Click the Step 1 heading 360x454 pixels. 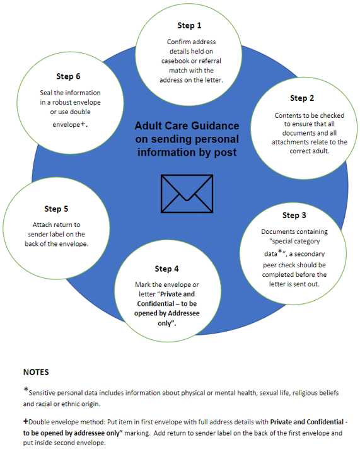(x=190, y=26)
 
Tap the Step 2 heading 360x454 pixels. (x=302, y=98)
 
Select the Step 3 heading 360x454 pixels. (x=295, y=216)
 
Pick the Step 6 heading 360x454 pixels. (x=68, y=76)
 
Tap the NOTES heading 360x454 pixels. (x=36, y=372)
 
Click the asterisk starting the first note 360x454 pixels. (x=25, y=390)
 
